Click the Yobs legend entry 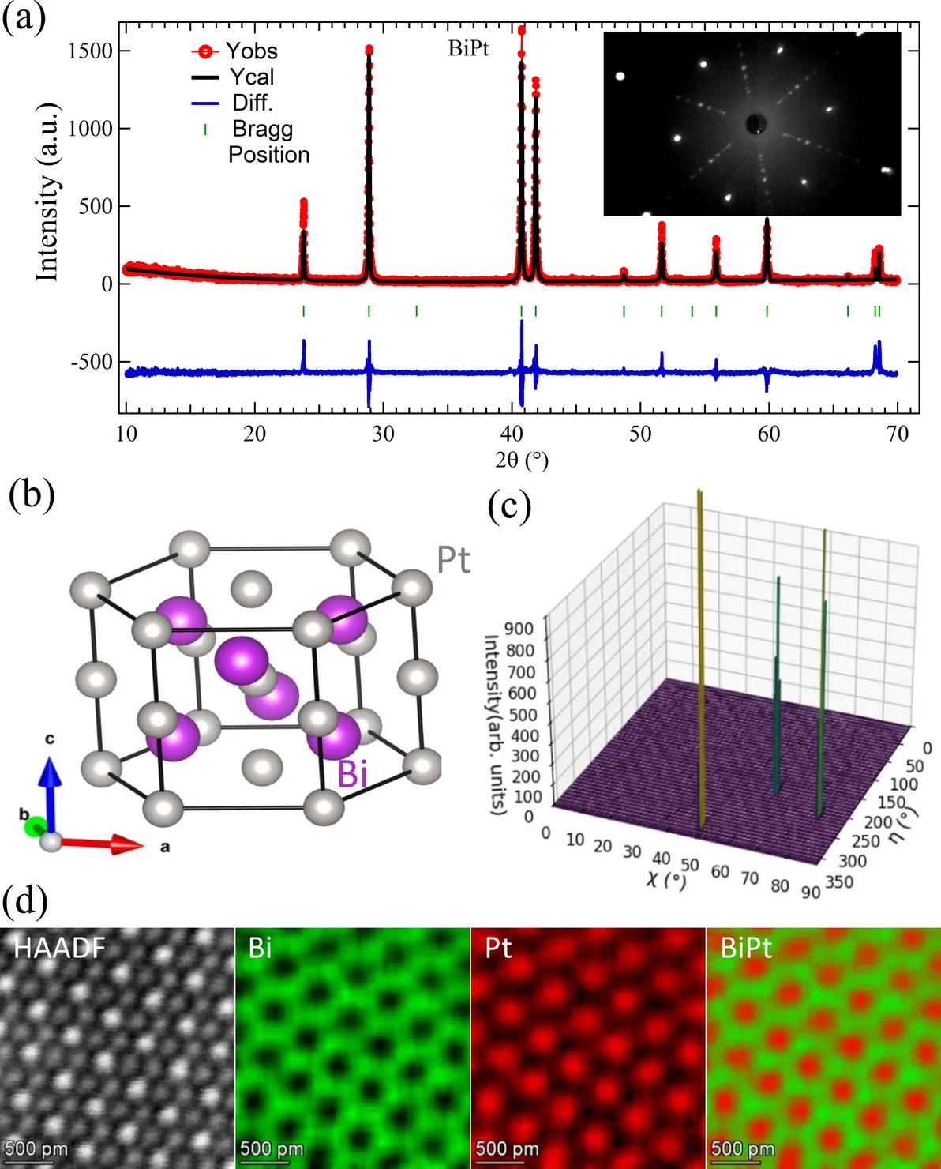coord(251,51)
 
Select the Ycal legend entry coord(252,77)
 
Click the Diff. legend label coord(252,103)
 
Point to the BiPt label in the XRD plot coord(468,49)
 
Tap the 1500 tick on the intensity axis coord(90,51)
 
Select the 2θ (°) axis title coord(522,460)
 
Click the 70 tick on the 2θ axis coord(898,434)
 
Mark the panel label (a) coord(24,17)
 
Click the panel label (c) coord(509,506)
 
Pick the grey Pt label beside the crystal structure coord(453,561)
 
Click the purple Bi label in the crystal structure coord(352,773)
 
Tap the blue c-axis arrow coord(50,790)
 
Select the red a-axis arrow coord(103,844)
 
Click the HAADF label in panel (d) coord(59,948)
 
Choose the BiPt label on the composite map coord(745,948)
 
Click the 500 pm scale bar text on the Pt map coord(507,1148)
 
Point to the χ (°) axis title coord(665,879)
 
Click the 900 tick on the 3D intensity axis coord(519,630)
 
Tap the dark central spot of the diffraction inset coord(755,124)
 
